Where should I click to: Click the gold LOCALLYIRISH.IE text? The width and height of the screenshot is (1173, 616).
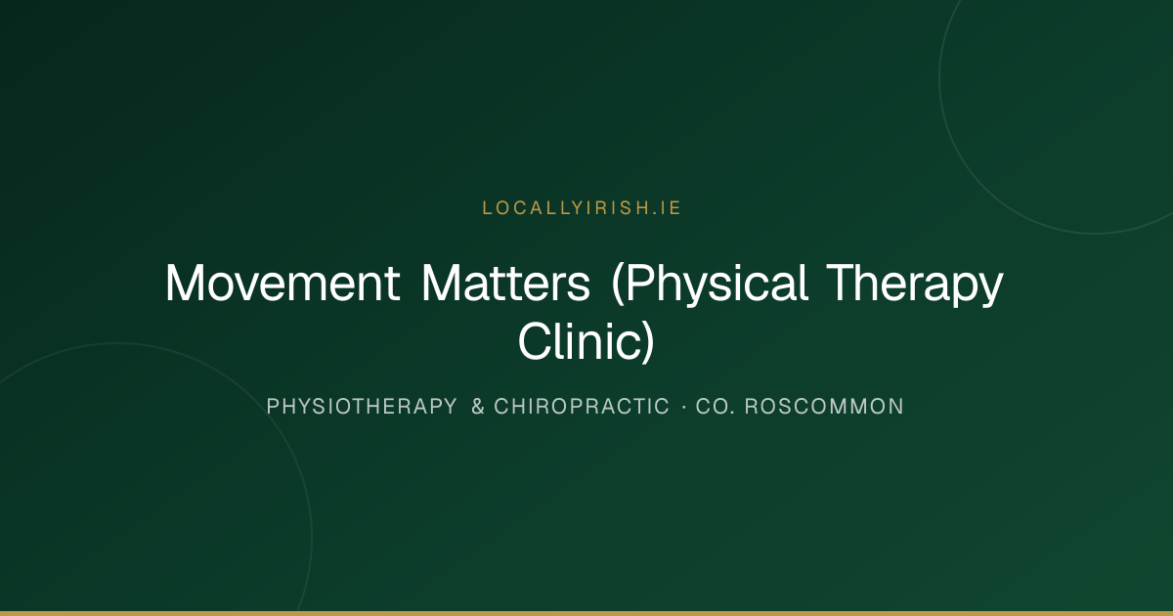pyautogui.click(x=582, y=208)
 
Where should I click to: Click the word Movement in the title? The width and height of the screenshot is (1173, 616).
pyautogui.click(x=282, y=283)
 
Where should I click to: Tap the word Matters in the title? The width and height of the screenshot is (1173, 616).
pyautogui.click(x=506, y=283)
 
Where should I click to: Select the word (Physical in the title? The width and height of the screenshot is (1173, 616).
pyautogui.click(x=710, y=284)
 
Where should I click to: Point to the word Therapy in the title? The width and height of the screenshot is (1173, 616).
pyautogui.click(x=915, y=284)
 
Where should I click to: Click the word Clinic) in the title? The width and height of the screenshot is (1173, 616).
pyautogui.click(x=586, y=341)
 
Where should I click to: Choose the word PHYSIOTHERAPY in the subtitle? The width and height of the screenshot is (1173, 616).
pyautogui.click(x=362, y=407)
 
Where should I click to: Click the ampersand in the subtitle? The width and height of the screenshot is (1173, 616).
pyautogui.click(x=478, y=407)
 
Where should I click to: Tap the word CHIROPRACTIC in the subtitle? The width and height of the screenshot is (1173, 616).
pyautogui.click(x=582, y=407)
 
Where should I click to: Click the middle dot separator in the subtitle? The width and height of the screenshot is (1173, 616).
pyautogui.click(x=684, y=407)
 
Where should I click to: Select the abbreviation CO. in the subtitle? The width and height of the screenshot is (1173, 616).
pyautogui.click(x=716, y=407)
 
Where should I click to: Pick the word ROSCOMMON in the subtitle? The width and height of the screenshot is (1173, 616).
pyautogui.click(x=824, y=407)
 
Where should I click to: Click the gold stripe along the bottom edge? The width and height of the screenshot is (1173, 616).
pyautogui.click(x=586, y=613)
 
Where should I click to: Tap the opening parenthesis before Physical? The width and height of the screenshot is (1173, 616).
pyautogui.click(x=618, y=284)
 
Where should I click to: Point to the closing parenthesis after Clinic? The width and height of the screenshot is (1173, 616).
pyautogui.click(x=649, y=341)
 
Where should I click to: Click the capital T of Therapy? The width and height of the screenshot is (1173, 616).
pyautogui.click(x=842, y=283)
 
